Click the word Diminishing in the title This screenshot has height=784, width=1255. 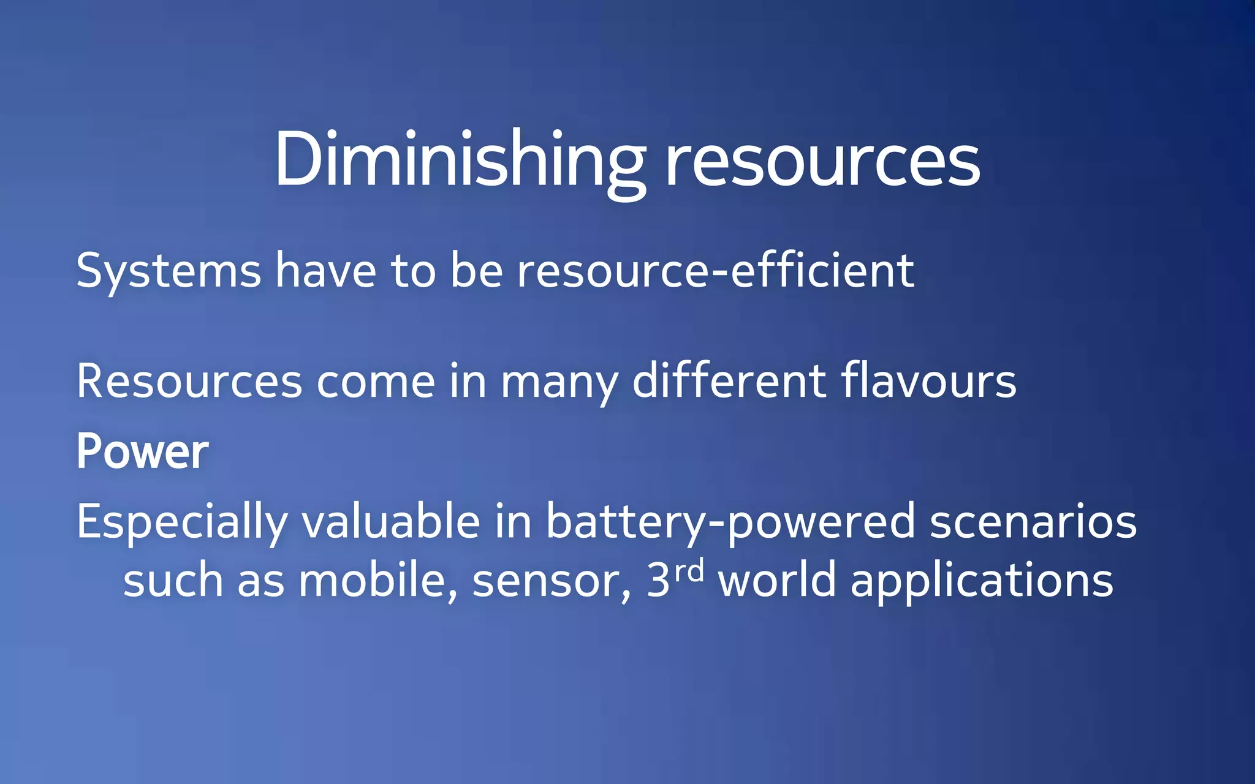[460, 160]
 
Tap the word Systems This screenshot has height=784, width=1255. [169, 271]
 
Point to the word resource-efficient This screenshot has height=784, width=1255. [716, 271]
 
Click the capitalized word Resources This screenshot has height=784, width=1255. [189, 382]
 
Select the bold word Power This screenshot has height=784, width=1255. [143, 452]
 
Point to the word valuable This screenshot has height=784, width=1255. [391, 521]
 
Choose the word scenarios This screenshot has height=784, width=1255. [1033, 522]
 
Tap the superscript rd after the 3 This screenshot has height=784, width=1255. [689, 571]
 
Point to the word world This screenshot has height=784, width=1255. [777, 580]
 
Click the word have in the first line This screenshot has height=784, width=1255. [325, 271]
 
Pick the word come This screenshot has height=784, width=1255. [376, 382]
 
